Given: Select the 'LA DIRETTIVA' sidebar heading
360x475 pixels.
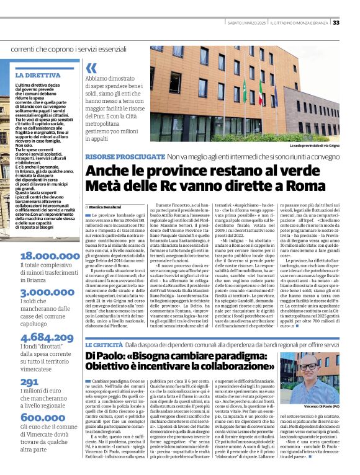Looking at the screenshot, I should pyautogui.click(x=38, y=75).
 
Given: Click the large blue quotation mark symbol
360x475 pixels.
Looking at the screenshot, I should pyautogui.click(x=92, y=68).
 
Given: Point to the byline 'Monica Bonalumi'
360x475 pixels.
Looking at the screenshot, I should pyautogui.click(x=106, y=206).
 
